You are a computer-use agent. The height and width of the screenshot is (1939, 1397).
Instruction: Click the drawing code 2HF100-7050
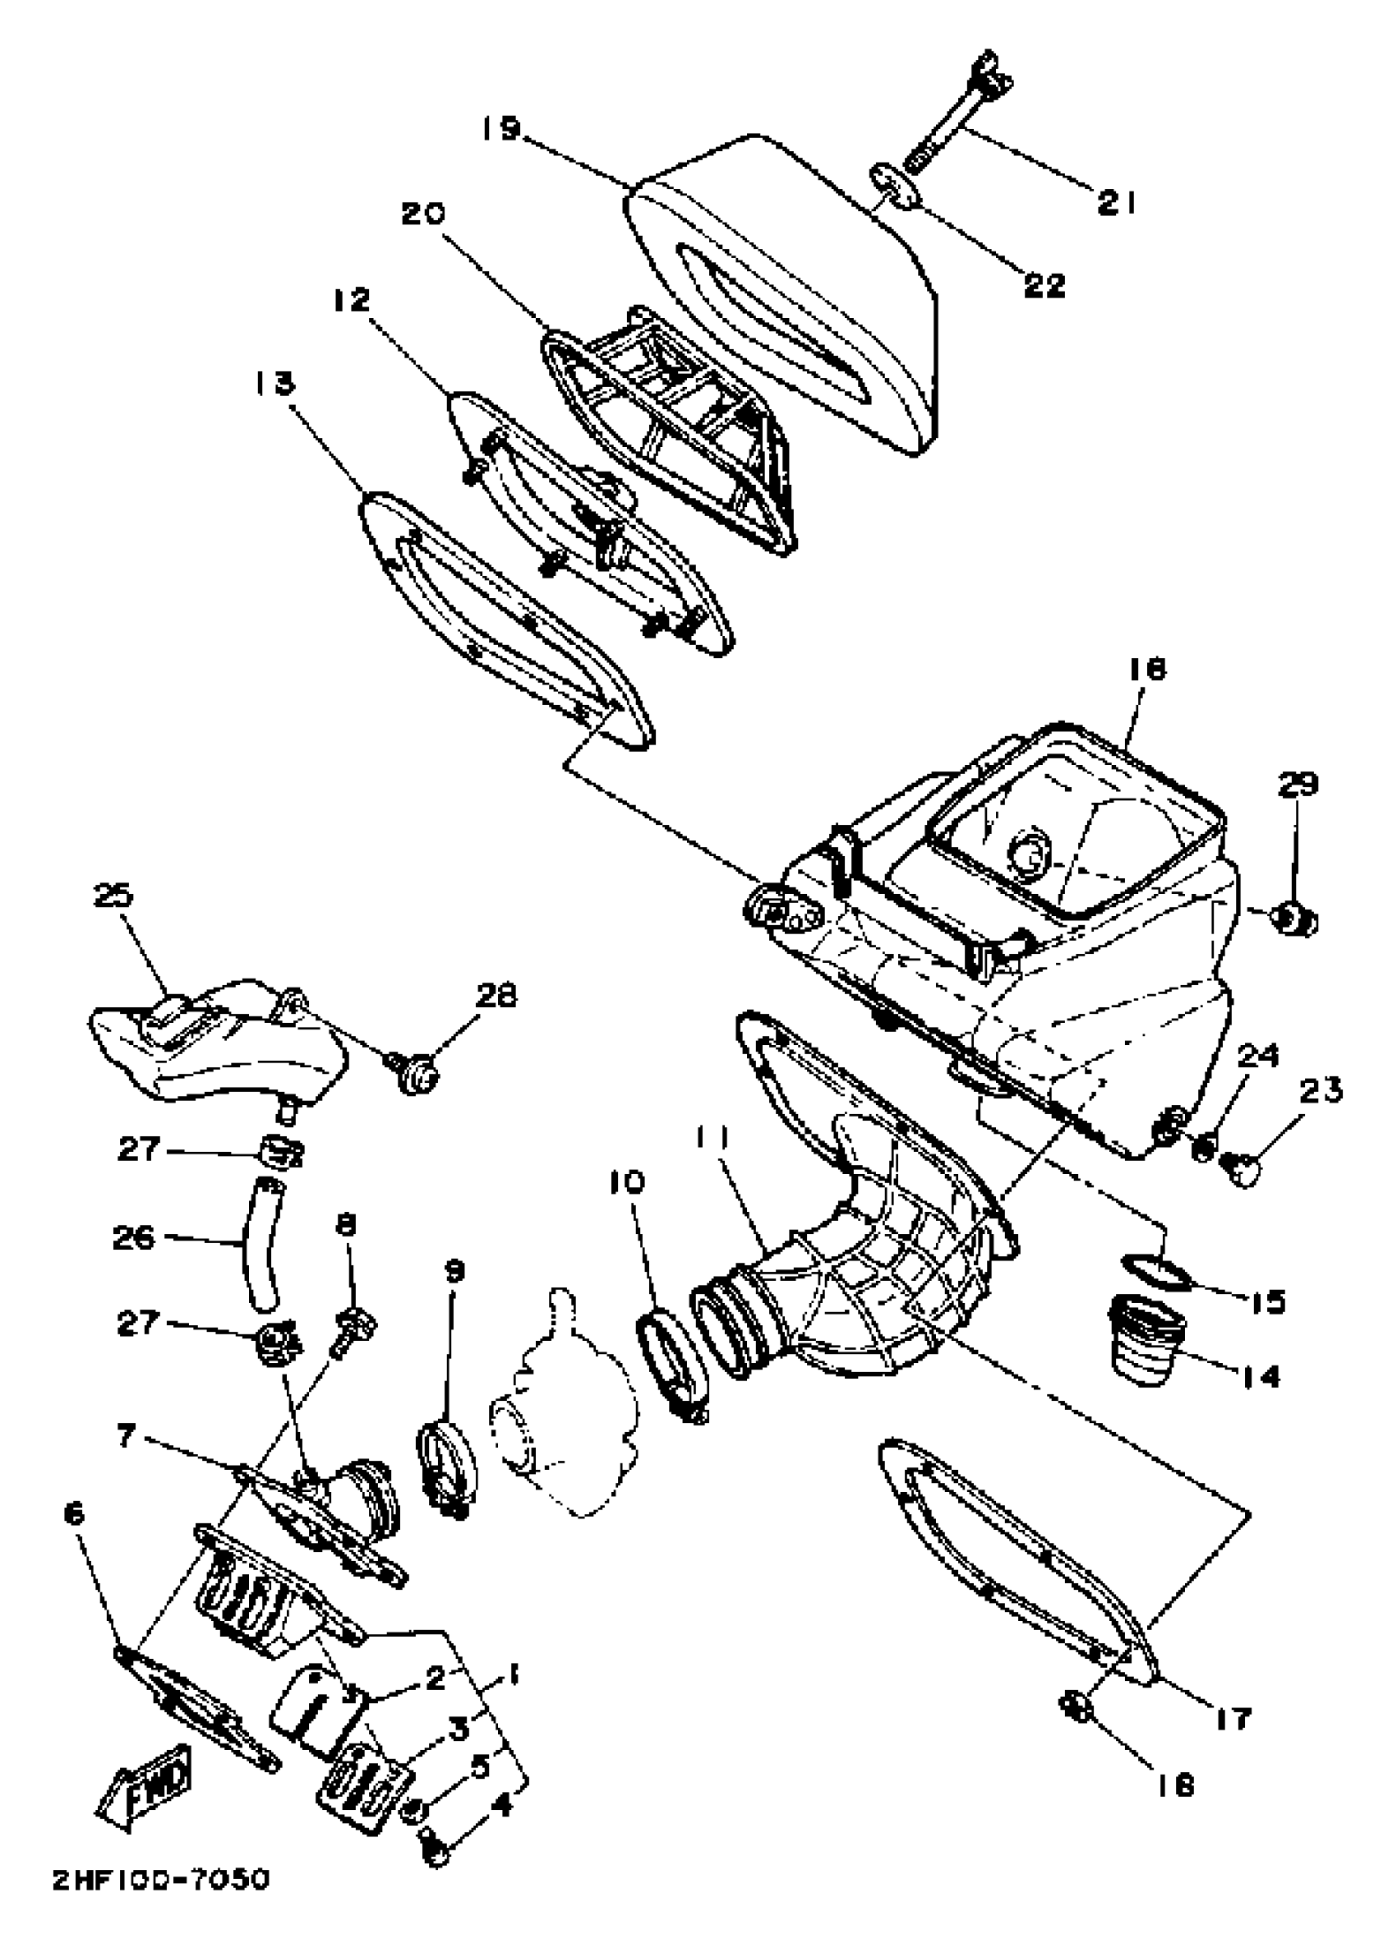tap(160, 1898)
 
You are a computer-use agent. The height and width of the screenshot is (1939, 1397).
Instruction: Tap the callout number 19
tap(500, 129)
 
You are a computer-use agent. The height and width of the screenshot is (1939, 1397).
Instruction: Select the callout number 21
tap(1117, 203)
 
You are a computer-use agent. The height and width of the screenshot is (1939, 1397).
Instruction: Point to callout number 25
tap(114, 896)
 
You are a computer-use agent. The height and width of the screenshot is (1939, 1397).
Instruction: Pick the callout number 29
tap(1298, 784)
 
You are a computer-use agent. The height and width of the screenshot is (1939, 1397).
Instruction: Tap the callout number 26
tap(133, 1237)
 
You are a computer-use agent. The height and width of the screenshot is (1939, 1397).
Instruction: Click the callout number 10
tap(627, 1183)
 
